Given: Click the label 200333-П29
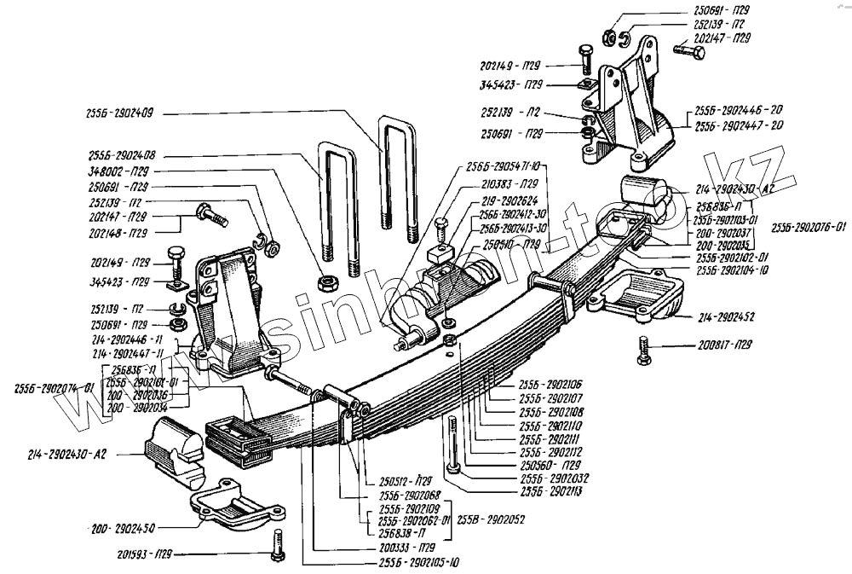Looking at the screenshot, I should (405, 547).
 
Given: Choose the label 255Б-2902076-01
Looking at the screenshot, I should (803, 228).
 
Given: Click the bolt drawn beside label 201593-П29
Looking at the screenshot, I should (279, 545).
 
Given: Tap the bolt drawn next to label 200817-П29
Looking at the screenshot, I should (642, 350).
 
